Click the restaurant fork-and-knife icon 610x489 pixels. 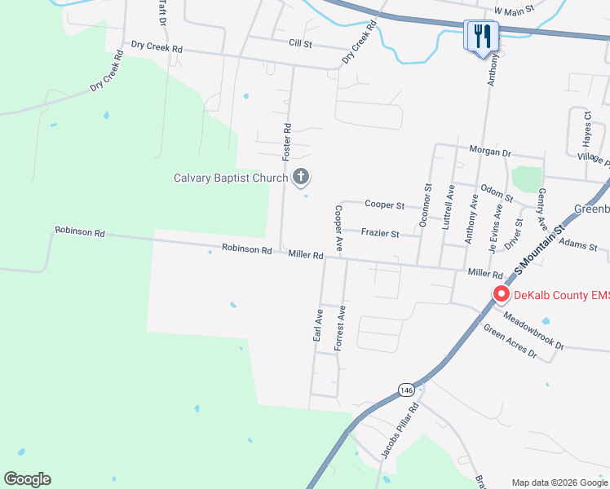click(481, 36)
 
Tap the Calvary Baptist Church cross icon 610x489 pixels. click(301, 177)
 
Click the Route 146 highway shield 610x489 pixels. click(406, 391)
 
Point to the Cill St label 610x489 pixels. click(300, 42)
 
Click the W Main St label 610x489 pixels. click(514, 10)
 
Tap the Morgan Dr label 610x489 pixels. click(489, 152)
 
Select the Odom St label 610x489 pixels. click(496, 193)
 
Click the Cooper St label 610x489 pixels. click(384, 205)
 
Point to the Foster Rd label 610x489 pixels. click(286, 140)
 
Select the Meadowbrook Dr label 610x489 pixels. click(533, 331)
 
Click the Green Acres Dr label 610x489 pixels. click(511, 341)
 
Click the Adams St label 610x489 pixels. click(579, 244)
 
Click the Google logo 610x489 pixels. click(28, 479)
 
